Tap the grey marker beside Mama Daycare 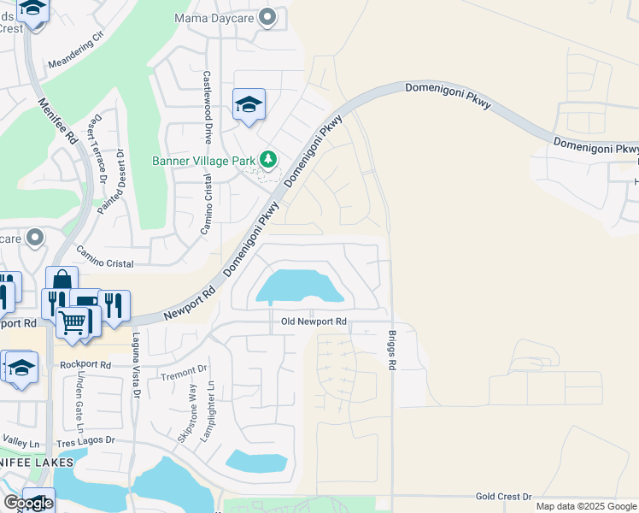tap(268, 17)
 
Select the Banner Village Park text tap(203, 160)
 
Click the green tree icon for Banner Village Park tap(268, 159)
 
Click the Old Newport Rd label tap(314, 321)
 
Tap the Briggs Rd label tap(393, 351)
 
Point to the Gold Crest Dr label tap(503, 496)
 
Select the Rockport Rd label tap(86, 364)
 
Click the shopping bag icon tap(62, 280)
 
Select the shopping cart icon tap(73, 322)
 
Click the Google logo tap(29, 503)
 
